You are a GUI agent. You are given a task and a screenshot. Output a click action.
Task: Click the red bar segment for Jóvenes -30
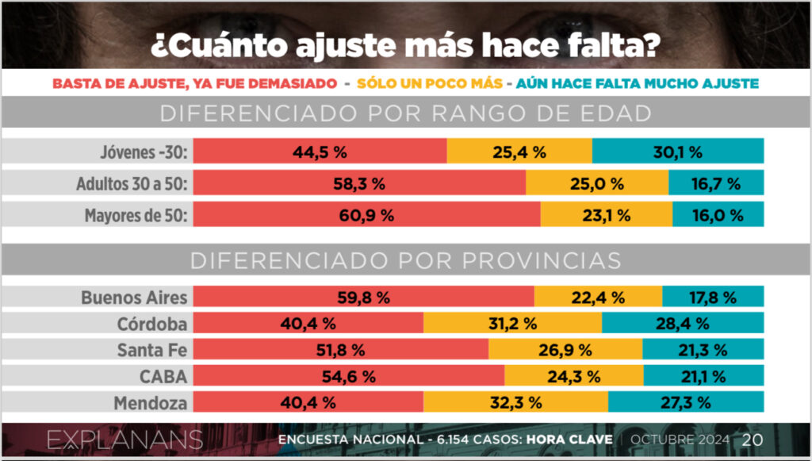coord(320,151)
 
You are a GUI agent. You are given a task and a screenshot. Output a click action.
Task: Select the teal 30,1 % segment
coord(678,151)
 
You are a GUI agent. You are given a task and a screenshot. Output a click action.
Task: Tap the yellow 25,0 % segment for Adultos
coord(596,183)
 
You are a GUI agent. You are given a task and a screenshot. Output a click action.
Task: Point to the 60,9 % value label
coord(367,214)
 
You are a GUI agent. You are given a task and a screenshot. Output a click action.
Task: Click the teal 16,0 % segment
coord(718,214)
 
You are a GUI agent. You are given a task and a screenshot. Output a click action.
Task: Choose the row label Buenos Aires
coord(134,298)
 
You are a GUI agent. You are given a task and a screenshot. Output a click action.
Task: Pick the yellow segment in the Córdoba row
coord(512,323)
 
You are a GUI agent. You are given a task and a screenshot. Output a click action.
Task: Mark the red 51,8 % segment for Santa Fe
coord(341,349)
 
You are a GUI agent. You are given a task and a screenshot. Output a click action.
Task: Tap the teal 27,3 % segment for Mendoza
coord(696,401)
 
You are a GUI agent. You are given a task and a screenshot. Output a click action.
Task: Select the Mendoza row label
coord(151,402)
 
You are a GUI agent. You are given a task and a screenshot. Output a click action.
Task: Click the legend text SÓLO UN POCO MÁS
coord(430,83)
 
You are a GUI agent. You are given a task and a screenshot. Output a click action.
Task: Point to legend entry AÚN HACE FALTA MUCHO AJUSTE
coord(632,83)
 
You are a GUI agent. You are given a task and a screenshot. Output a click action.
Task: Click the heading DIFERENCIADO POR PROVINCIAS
coord(405,260)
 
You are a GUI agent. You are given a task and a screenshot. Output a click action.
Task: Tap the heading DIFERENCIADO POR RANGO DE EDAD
coord(405,113)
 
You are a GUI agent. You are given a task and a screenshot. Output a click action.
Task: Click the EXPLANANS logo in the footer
coord(124,440)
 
